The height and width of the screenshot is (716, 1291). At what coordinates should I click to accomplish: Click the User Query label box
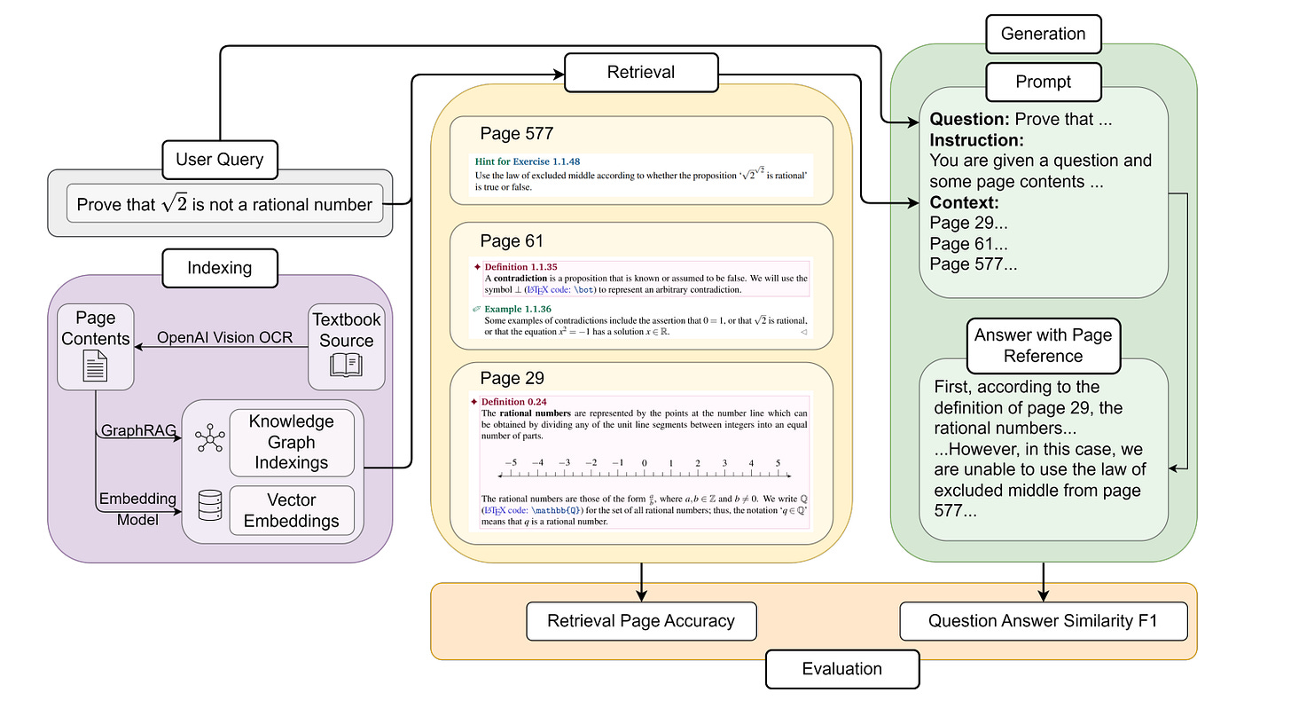tap(219, 160)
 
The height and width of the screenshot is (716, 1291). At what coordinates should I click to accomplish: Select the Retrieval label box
tap(641, 72)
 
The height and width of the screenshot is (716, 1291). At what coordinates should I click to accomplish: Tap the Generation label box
tap(1043, 34)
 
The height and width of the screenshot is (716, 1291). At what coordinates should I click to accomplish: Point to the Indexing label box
tap(219, 267)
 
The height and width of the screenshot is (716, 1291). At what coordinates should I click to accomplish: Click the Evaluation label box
tap(841, 668)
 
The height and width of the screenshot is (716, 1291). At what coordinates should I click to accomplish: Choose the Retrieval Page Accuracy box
tap(641, 621)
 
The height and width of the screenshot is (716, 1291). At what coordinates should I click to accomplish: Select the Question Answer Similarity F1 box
tap(1043, 621)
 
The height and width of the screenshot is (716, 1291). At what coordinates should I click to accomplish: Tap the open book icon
tap(346, 366)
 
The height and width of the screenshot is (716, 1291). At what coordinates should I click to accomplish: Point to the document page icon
tap(95, 366)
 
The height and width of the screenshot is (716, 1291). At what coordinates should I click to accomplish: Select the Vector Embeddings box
tap(291, 510)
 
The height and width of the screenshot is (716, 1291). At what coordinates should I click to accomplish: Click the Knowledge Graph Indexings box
tap(291, 442)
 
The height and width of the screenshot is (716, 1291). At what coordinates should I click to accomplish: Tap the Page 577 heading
tap(516, 134)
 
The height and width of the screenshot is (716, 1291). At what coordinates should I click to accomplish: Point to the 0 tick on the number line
tap(644, 462)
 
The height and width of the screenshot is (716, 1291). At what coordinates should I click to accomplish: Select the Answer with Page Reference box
tap(1043, 345)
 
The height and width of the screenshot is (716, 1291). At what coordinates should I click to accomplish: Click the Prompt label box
tap(1043, 82)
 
